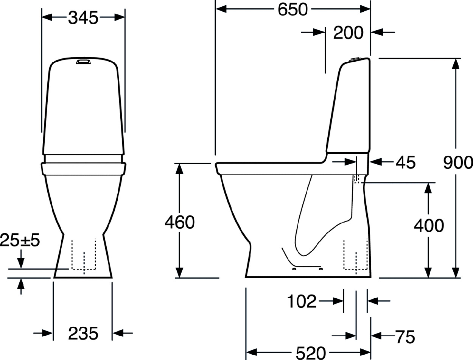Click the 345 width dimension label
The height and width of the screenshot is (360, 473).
pyautogui.click(x=83, y=18)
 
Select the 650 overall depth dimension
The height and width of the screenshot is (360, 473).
pyautogui.click(x=293, y=10)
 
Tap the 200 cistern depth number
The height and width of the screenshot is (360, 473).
pyautogui.click(x=349, y=33)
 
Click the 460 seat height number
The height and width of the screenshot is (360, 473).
pyautogui.click(x=180, y=222)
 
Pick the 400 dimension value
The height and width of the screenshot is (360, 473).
pyautogui.click(x=429, y=226)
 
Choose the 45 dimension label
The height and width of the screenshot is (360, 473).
pyautogui.click(x=405, y=162)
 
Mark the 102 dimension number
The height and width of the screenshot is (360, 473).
pyautogui.click(x=302, y=301)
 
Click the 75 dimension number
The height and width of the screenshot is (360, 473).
pyautogui.click(x=405, y=337)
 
